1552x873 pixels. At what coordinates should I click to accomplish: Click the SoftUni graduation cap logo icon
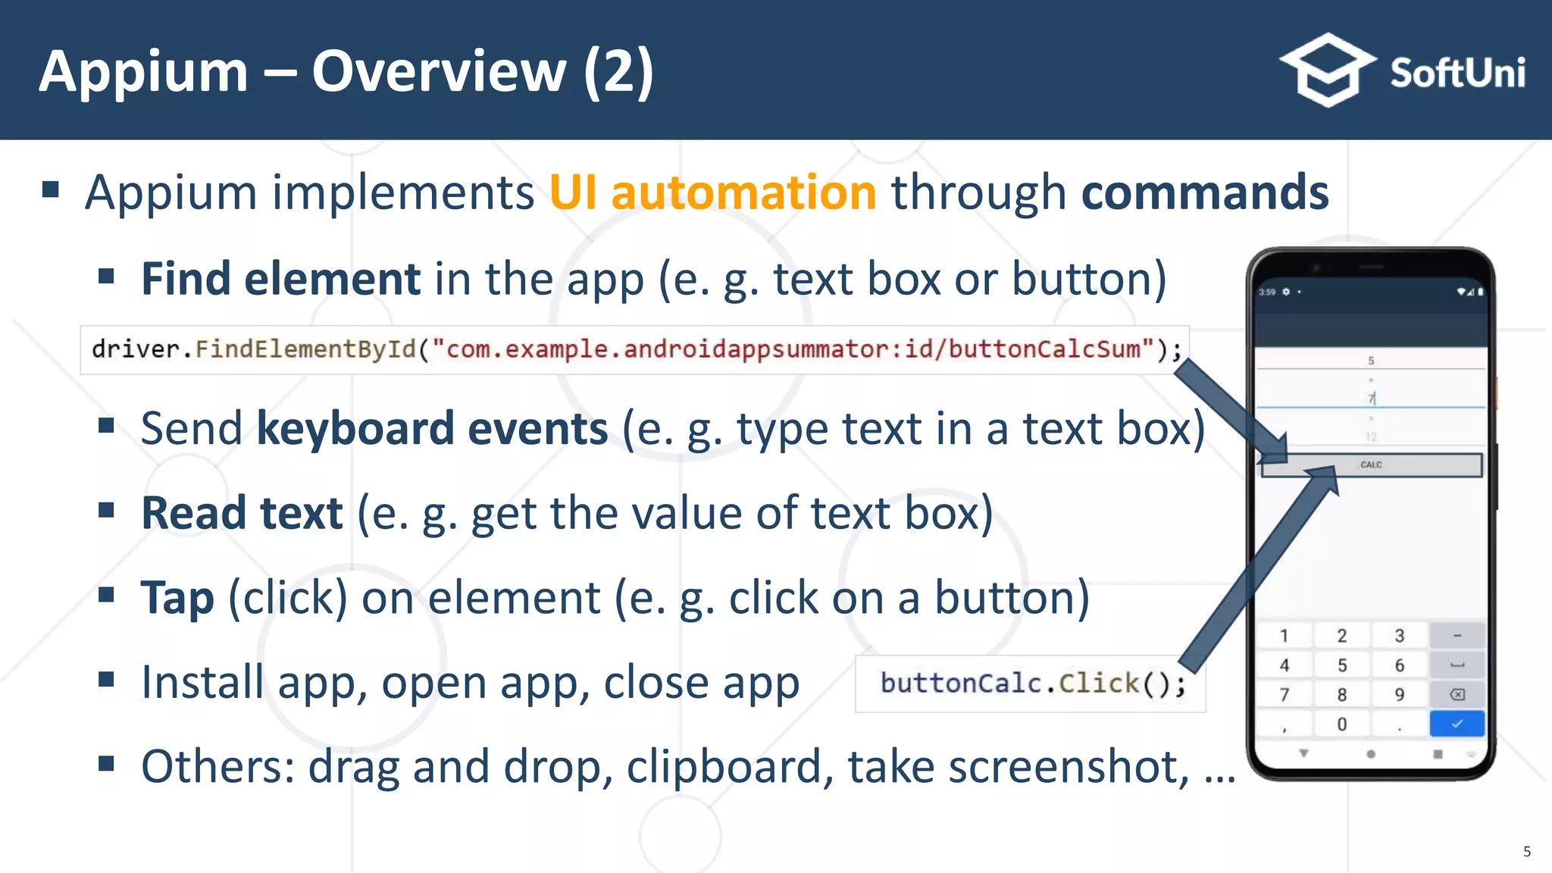[1328, 70]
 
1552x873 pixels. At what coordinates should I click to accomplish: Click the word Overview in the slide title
[439, 71]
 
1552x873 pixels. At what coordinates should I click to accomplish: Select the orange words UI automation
[712, 192]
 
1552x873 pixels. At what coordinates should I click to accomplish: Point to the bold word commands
[1204, 192]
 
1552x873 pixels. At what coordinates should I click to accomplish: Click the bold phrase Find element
[280, 279]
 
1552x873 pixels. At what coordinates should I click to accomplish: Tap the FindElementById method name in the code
[305, 349]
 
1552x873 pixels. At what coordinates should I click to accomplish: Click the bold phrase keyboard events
[432, 429]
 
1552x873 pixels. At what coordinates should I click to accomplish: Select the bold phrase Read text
[242, 513]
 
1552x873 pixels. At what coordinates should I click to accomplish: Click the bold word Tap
[177, 598]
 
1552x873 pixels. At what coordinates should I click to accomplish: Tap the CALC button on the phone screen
[1371, 465]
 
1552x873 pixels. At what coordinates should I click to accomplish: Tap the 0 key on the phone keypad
[1341, 724]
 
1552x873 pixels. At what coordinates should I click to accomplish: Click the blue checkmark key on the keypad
[1457, 724]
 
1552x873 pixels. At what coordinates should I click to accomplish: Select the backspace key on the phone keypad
[1457, 695]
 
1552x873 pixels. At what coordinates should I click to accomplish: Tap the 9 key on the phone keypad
[1399, 695]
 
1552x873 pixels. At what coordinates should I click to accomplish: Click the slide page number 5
[1526, 852]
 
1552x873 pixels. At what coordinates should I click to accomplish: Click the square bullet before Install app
[106, 679]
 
